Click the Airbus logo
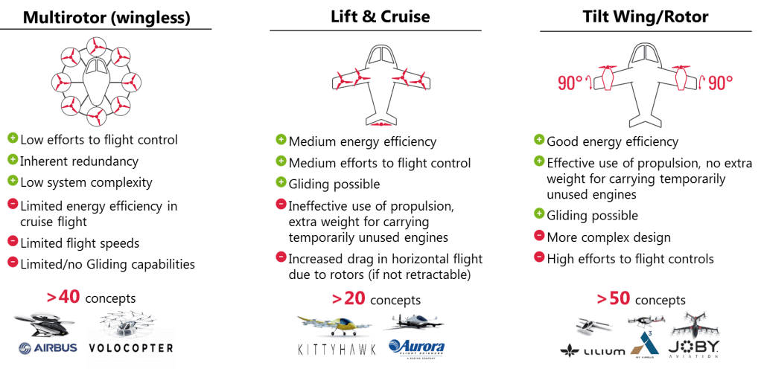[48, 348]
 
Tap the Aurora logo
[417, 347]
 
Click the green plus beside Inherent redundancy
[13, 161]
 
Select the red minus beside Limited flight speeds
[13, 241]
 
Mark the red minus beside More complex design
[539, 238]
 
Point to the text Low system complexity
[86, 182]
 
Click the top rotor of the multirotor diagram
[96, 48]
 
